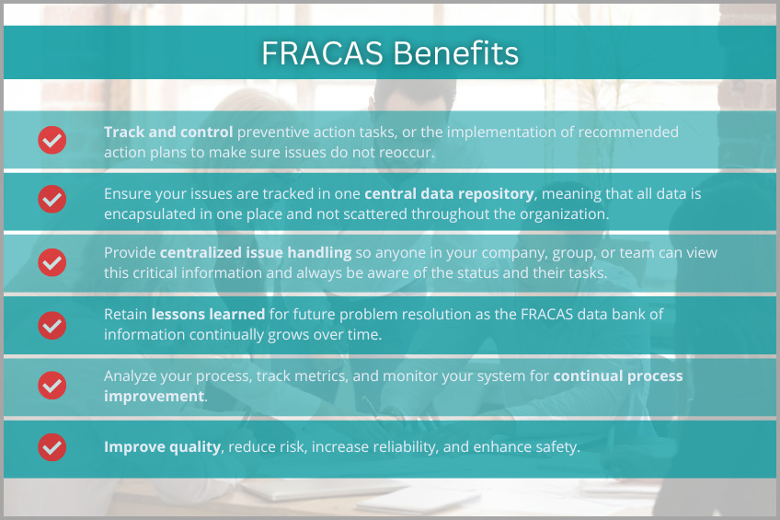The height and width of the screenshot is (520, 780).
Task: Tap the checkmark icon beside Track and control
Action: tap(52, 140)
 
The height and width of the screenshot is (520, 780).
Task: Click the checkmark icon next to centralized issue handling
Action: tap(52, 261)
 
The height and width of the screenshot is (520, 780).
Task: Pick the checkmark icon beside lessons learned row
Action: tap(52, 324)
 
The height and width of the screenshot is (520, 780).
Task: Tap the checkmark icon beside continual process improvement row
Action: tap(52, 386)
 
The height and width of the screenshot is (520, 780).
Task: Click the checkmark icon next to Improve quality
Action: tap(52, 447)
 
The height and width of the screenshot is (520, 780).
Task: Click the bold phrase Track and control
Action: tap(168, 132)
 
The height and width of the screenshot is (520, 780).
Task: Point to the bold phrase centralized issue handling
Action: tap(255, 252)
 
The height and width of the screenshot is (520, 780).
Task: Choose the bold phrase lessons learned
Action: tap(208, 315)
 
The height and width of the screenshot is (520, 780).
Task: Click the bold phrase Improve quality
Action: tap(162, 447)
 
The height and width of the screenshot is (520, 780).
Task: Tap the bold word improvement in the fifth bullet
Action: tap(154, 396)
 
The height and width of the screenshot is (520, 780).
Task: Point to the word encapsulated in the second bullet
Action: tap(150, 213)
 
